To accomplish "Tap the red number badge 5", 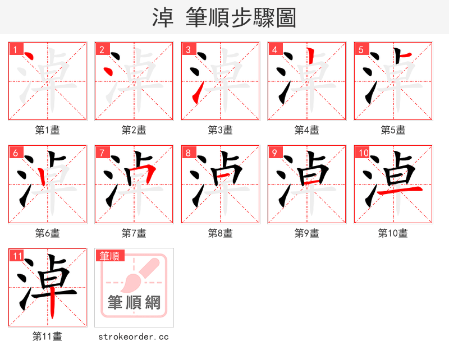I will (x=361, y=49).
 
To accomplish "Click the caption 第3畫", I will (x=220, y=130).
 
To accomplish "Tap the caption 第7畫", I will (x=134, y=233).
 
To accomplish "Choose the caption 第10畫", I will (x=393, y=233).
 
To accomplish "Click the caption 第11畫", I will (x=47, y=336).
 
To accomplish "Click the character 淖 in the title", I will (x=163, y=17).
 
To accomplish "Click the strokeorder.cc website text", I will (x=134, y=336).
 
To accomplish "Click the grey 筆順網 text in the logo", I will (x=134, y=303).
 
